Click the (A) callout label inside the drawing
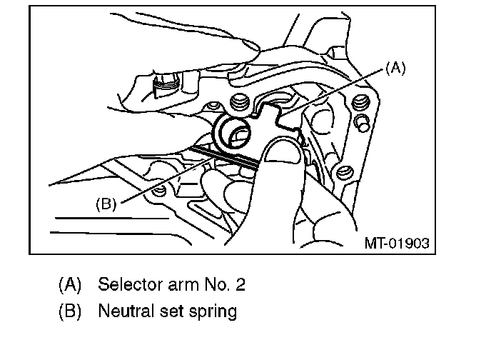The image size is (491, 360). [395, 69]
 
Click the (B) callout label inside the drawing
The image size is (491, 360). [105, 204]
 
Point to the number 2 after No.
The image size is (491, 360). [241, 284]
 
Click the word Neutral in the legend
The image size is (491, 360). [123, 311]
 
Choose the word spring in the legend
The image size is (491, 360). [213, 312]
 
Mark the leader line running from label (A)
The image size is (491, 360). [335, 92]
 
